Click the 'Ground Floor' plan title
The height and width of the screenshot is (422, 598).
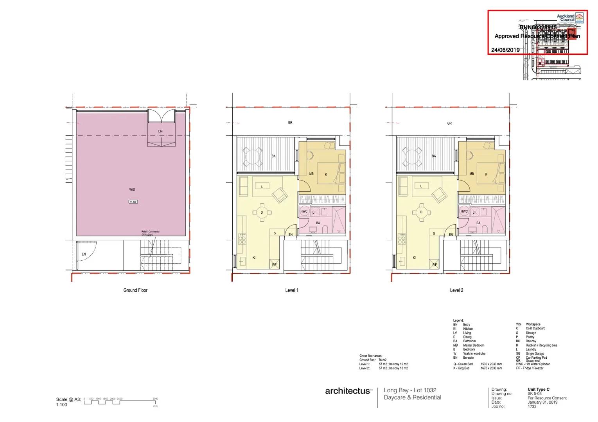tap(135, 290)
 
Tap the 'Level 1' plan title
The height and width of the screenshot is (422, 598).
tap(292, 290)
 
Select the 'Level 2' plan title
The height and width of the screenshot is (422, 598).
tap(456, 290)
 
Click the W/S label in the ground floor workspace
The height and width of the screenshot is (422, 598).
tap(132, 190)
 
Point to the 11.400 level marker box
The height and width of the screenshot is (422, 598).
tap(133, 202)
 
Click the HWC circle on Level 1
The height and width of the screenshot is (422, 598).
tap(304, 211)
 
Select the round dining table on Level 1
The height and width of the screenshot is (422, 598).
tap(262, 213)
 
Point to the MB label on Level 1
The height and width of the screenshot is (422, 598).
tap(311, 174)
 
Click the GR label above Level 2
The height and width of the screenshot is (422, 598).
tap(449, 123)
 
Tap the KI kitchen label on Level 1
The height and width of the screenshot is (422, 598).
tap(254, 257)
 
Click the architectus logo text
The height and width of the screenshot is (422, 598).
tap(348, 391)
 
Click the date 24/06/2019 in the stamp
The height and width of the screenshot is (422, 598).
tap(505, 50)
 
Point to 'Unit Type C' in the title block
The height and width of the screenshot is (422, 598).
tap(539, 390)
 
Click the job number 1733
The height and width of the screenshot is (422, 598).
tap(532, 406)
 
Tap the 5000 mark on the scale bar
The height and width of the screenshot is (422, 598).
tap(155, 399)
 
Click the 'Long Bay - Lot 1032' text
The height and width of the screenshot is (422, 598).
tap(410, 390)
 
